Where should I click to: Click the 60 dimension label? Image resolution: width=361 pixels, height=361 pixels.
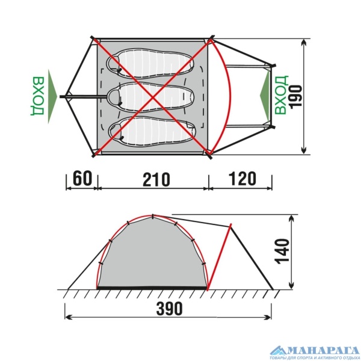click(x=82, y=178)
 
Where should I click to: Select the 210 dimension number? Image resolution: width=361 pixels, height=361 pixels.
click(x=156, y=179)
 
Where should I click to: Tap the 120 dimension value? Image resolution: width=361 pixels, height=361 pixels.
click(x=242, y=179)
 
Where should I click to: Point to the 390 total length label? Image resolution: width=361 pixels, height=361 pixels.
click(x=170, y=308)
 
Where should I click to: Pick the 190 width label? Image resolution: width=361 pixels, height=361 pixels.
click(x=295, y=97)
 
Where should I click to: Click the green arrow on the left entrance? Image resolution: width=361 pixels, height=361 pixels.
click(x=52, y=97)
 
